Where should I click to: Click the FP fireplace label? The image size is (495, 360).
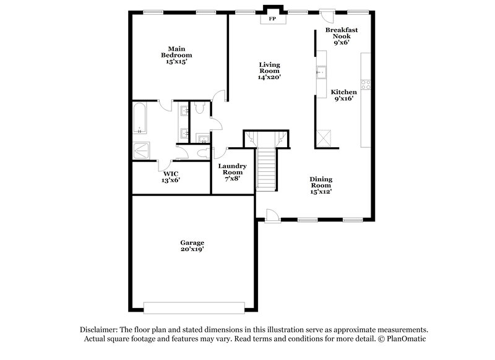(272, 19)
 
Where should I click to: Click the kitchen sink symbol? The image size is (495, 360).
(321, 72)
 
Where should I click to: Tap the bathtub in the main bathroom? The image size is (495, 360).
(140, 119)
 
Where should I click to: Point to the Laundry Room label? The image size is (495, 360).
(233, 169)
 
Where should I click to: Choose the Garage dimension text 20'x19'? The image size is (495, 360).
(193, 249)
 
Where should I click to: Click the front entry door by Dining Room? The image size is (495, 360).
(272, 215)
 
